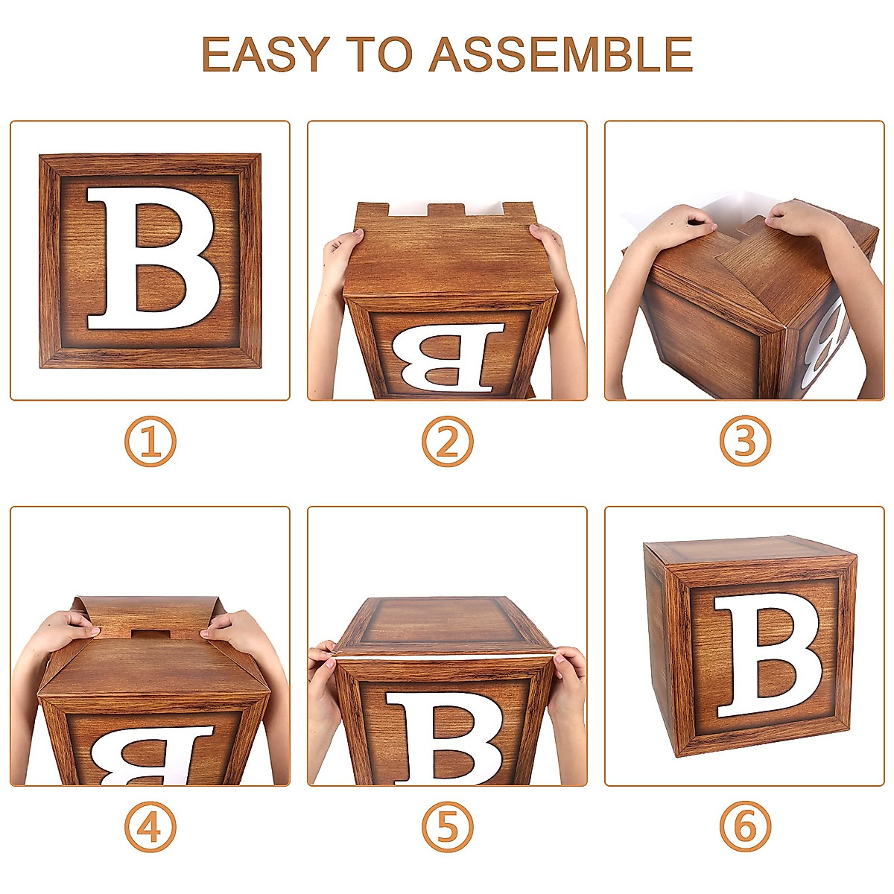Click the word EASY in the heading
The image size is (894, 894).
tap(266, 54)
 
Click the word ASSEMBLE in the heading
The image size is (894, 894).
tap(561, 54)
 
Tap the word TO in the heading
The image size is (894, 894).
tap(379, 54)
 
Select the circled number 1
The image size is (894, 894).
tap(150, 441)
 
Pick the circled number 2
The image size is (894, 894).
tap(448, 441)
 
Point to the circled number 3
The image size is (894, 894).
tap(745, 441)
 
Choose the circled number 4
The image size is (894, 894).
tap(150, 827)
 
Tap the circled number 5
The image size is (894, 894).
tap(448, 827)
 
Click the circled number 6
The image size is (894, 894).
tap(745, 827)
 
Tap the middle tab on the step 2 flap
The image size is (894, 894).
tap(447, 211)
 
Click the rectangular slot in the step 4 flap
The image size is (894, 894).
tap(150, 635)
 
